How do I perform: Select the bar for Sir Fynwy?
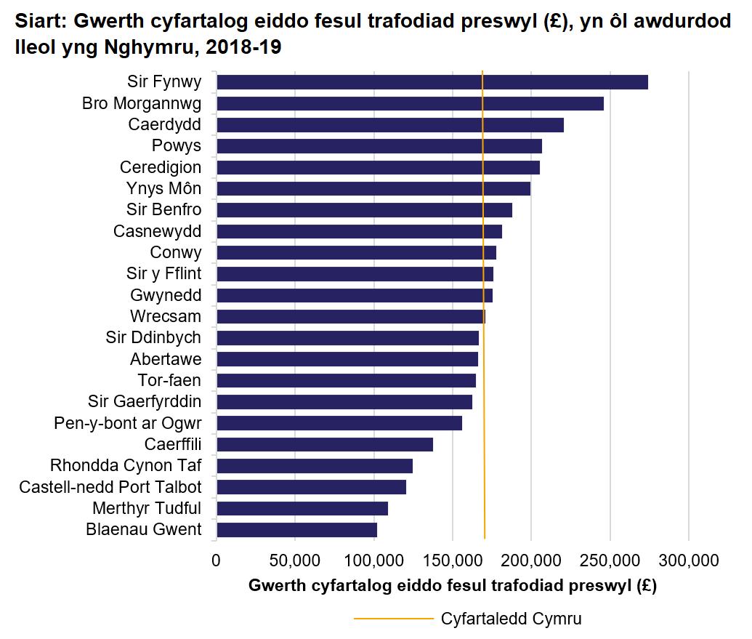click(432, 82)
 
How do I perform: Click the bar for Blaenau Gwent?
click(296, 530)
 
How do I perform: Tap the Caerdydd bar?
click(389, 125)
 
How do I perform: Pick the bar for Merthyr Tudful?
click(302, 508)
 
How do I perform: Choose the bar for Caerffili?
click(324, 444)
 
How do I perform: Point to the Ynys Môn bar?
click(373, 189)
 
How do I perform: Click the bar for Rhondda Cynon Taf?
click(314, 466)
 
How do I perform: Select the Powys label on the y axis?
click(177, 146)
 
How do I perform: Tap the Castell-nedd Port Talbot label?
click(110, 487)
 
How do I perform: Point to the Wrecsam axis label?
click(166, 317)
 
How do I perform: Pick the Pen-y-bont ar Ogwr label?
click(128, 423)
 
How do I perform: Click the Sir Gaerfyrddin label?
click(145, 402)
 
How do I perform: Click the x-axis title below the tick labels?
click(452, 586)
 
